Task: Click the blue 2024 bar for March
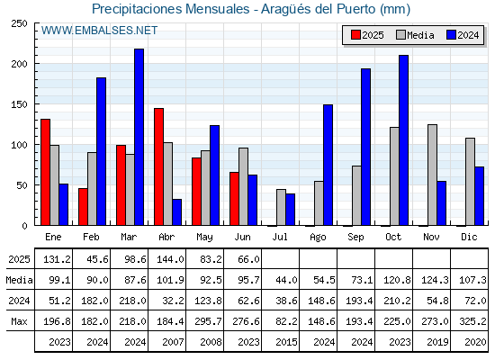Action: click(x=139, y=137)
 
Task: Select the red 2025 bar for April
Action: click(x=158, y=166)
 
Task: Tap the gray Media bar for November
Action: click(x=432, y=175)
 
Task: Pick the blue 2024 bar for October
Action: click(x=404, y=140)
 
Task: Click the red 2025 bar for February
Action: click(x=83, y=207)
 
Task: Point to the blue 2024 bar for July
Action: click(x=290, y=210)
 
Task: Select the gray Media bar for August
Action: click(x=319, y=203)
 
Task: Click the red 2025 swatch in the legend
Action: click(x=355, y=35)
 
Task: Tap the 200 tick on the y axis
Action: click(x=20, y=64)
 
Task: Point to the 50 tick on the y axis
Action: click(x=22, y=185)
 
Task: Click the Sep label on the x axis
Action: click(x=355, y=238)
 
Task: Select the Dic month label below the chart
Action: click(x=469, y=237)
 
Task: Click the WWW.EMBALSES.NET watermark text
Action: click(x=99, y=31)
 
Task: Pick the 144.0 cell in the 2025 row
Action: click(x=170, y=259)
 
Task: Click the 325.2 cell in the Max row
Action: click(x=472, y=321)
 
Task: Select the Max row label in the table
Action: click(x=19, y=321)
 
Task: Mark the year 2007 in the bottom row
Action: click(x=173, y=342)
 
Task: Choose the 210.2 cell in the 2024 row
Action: click(x=397, y=301)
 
